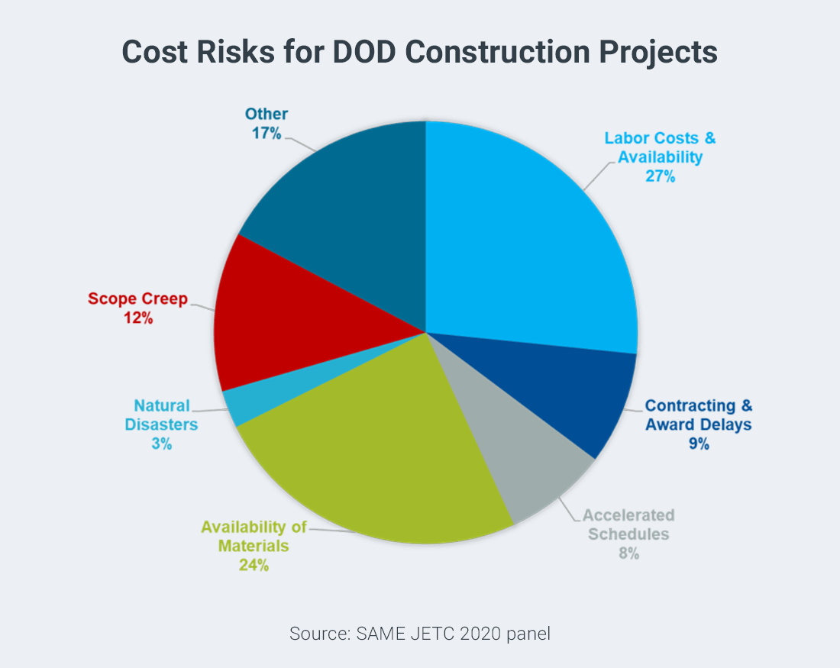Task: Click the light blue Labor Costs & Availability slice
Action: point(527,244)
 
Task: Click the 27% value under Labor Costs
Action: point(660,176)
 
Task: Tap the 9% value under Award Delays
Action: point(698,443)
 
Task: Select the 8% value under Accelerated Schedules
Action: point(628,553)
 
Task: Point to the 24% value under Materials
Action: point(254,566)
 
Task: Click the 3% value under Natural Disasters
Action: point(161,443)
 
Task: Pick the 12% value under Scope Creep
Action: point(138,318)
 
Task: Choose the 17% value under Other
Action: point(267,133)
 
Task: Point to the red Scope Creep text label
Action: point(137,299)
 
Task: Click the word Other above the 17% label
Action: point(267,114)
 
